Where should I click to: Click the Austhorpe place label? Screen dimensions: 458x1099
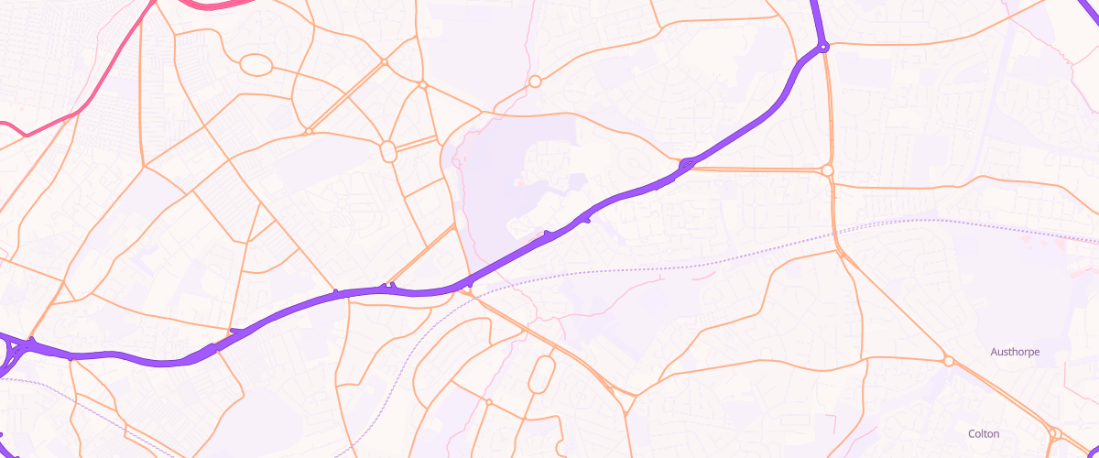pos(1015,352)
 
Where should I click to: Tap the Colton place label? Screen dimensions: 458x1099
pos(984,433)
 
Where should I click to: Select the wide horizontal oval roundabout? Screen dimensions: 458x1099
pos(256,65)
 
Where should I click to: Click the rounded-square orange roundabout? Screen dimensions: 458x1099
pos(387,151)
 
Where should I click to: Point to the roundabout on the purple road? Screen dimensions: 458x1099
pos(823,46)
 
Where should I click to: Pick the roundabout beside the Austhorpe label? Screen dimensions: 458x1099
pos(949,361)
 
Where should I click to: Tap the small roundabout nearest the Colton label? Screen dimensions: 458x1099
pos(1054,433)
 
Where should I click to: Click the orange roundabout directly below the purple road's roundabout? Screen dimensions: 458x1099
pos(828,170)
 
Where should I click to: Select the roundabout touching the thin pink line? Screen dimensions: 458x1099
pos(535,82)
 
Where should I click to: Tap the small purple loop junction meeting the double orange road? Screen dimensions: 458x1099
pos(687,165)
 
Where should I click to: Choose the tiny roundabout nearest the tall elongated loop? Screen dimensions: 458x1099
pos(489,401)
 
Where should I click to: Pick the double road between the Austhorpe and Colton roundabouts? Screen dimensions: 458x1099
pos(1003,397)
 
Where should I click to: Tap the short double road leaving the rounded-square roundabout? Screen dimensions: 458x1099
pos(417,143)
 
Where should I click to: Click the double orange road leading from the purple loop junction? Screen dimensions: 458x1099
pos(760,169)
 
